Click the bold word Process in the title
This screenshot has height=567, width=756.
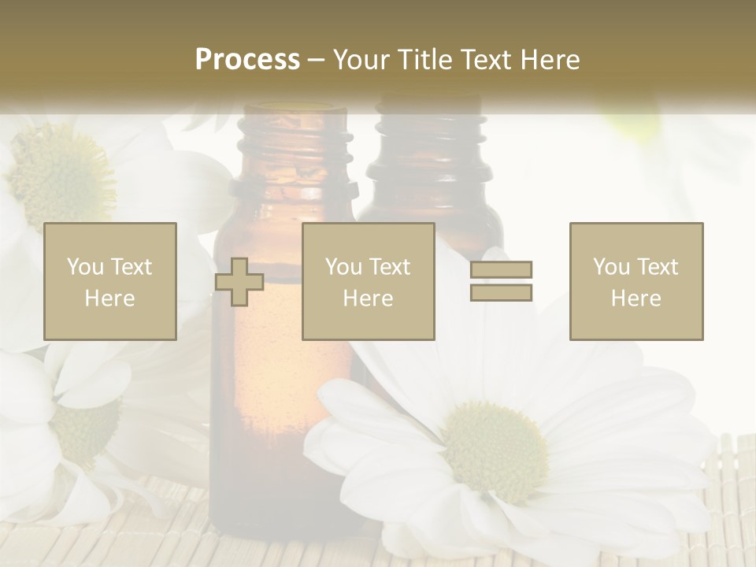[x=247, y=60]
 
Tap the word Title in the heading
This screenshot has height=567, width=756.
[x=425, y=60]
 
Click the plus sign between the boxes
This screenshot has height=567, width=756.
[x=239, y=282]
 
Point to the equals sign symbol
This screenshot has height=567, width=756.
[x=501, y=281]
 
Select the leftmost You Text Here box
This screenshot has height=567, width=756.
[x=110, y=281]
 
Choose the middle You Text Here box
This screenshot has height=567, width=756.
[x=369, y=281]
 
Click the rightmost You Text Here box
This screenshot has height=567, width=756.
[x=636, y=281]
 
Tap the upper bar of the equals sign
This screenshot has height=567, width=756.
[x=501, y=269]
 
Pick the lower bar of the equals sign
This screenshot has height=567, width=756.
[x=501, y=292]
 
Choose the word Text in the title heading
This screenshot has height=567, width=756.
[x=484, y=60]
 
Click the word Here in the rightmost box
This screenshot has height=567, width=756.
[x=636, y=298]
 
